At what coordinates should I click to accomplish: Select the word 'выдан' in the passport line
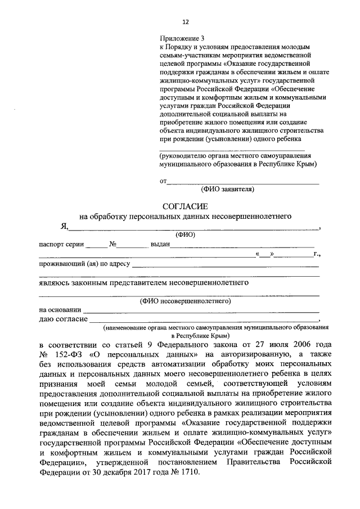(x=159, y=245)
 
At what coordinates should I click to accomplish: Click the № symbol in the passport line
(x=112, y=245)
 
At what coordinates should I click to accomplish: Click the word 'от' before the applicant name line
(x=163, y=181)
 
